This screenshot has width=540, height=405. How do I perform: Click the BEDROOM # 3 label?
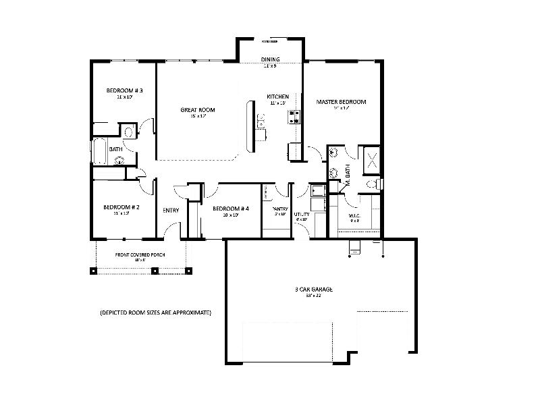[124, 90]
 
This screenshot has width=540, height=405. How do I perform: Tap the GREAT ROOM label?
[197, 110]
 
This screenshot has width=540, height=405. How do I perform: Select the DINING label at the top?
[270, 59]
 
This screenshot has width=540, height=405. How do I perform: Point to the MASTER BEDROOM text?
[341, 102]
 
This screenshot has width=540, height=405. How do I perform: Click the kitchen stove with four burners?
[294, 117]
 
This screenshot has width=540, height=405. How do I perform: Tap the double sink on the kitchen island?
[261, 121]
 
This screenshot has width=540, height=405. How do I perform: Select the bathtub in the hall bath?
[99, 152]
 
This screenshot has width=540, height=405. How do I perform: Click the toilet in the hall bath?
[129, 131]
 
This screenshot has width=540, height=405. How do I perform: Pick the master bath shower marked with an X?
[370, 159]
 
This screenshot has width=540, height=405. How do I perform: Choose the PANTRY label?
[280, 209]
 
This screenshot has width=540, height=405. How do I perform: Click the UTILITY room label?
[301, 215]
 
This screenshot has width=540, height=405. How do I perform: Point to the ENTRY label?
[171, 210]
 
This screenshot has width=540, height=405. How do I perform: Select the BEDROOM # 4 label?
[231, 209]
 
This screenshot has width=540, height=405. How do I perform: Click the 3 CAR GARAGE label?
[314, 290]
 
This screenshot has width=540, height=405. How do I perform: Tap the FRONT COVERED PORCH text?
[140, 254]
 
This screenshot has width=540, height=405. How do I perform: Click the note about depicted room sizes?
[155, 313]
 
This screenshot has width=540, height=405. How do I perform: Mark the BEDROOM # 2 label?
[122, 207]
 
